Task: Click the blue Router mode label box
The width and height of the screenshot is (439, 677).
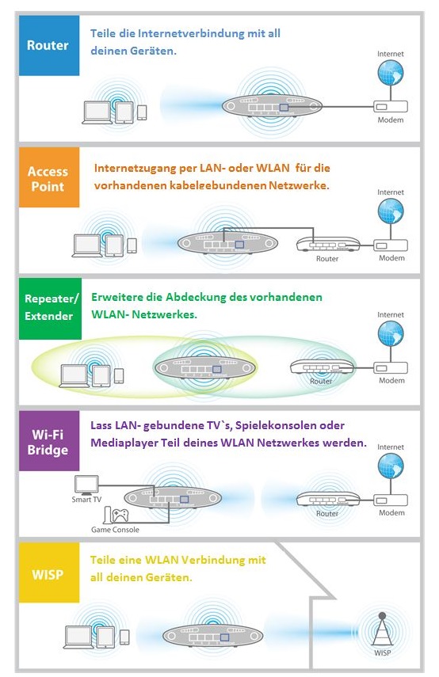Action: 49,45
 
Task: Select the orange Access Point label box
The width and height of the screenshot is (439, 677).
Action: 49,177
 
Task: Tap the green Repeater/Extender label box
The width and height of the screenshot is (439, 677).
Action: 50,308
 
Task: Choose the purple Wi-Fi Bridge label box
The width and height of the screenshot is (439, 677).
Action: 49,441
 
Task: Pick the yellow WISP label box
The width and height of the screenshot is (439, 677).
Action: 49,572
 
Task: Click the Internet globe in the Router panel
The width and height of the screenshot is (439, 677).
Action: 391,73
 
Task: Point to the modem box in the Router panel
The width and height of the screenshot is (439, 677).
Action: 391,107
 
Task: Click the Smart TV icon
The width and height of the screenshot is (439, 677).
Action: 87,485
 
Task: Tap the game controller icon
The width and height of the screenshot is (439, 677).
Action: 120,515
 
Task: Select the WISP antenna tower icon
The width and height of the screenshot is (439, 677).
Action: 382,631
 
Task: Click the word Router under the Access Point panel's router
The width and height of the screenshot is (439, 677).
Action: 327,259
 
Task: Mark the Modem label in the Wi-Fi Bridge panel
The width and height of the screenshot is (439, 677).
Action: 392,513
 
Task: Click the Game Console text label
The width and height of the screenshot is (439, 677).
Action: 115,530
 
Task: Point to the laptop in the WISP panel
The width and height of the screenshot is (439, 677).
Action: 78,637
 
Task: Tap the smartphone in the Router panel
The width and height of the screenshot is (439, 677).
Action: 142,112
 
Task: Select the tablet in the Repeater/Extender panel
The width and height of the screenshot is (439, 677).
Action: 101,376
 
